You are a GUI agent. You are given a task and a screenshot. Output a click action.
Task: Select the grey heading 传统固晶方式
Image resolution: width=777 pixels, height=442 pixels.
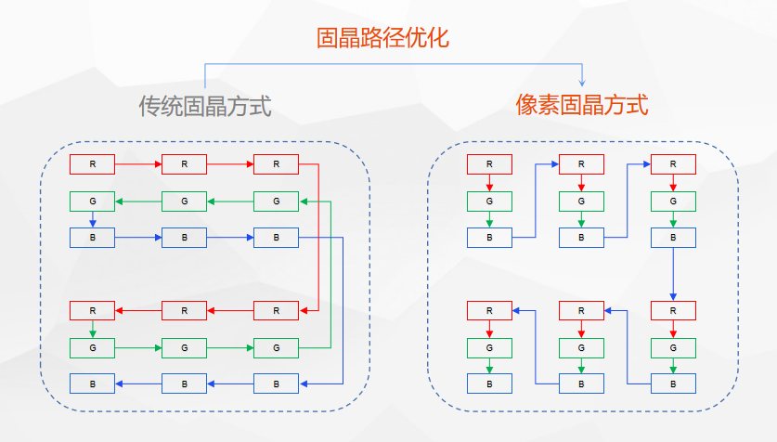pyautogui.click(x=204, y=106)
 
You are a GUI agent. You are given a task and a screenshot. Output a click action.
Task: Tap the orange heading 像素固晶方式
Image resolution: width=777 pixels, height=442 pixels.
pyautogui.click(x=582, y=105)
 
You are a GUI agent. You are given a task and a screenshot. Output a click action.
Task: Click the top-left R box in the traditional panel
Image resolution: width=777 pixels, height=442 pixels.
pyautogui.click(x=92, y=164)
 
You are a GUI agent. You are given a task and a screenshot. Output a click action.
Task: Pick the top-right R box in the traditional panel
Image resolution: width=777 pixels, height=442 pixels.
pyautogui.click(x=276, y=164)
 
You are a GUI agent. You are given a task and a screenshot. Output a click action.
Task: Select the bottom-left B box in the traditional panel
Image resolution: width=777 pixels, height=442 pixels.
pyautogui.click(x=92, y=383)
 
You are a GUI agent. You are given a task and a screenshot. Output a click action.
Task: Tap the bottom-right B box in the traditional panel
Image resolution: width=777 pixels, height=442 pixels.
pyautogui.click(x=276, y=383)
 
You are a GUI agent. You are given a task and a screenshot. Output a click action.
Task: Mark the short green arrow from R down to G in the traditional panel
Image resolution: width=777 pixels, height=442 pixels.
pyautogui.click(x=92, y=329)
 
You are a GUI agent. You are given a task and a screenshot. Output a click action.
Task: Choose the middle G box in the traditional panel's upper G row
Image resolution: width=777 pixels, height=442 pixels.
pyautogui.click(x=184, y=201)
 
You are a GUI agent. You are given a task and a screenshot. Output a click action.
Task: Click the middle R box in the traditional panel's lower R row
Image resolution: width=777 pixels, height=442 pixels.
pyautogui.click(x=184, y=310)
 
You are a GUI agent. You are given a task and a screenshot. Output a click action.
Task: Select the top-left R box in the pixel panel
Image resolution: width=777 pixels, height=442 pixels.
pyautogui.click(x=489, y=164)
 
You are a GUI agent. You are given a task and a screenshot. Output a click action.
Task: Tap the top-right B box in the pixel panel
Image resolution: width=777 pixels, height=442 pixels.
pyautogui.click(x=673, y=237)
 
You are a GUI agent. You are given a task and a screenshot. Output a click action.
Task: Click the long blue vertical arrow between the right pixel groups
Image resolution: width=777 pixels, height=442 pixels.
pyautogui.click(x=673, y=274)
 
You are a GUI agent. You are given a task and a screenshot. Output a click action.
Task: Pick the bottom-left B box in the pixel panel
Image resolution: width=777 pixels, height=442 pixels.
pyautogui.click(x=489, y=383)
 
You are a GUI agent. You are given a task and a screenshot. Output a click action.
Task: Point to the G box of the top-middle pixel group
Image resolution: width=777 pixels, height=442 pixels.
pyautogui.click(x=581, y=201)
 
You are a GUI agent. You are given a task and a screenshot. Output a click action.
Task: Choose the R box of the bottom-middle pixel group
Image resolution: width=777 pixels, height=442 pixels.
pyautogui.click(x=581, y=310)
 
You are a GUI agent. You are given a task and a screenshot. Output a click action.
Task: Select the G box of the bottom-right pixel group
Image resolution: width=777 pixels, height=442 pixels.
pyautogui.click(x=673, y=347)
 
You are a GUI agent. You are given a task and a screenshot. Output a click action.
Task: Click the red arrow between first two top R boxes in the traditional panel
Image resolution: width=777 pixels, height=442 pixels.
pyautogui.click(x=138, y=164)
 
